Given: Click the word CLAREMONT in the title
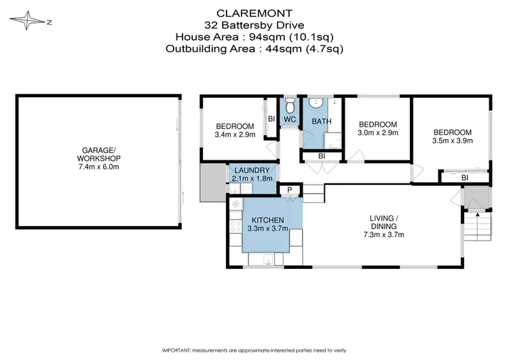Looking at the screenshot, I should pos(254,12).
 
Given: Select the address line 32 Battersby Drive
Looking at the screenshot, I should pos(254,24).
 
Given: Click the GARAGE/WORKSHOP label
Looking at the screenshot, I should pos(99,156).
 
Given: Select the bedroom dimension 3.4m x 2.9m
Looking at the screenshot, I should pos(235,135).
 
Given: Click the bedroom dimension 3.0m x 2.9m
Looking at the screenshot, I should pos(377,133).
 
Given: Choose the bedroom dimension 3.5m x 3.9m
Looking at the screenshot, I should pos(451,141).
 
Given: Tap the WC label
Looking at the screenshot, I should pos(289,120).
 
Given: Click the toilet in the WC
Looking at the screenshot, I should pos(289,106).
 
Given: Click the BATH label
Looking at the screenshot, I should pos(321,122).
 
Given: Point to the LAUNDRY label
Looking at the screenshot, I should pos(252,170).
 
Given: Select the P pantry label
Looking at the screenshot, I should pos(289,190).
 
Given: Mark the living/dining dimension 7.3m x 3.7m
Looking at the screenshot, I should pos(383,235).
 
